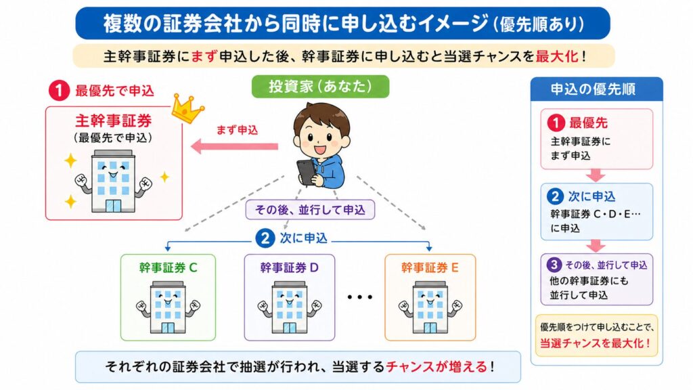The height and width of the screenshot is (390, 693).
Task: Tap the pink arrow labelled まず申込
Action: [x=234, y=146]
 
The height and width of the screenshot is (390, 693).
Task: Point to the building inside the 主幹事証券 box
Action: [x=112, y=181]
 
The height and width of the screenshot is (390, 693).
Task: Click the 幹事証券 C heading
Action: [x=168, y=267]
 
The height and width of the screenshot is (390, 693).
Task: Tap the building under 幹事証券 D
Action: [x=290, y=307]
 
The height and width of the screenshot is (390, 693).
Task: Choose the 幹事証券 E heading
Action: [x=430, y=267]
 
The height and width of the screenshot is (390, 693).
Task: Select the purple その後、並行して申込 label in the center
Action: [x=309, y=210]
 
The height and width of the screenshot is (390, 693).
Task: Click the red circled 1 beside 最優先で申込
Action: [x=60, y=90]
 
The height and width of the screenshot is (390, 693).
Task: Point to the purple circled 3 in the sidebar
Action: [x=554, y=264]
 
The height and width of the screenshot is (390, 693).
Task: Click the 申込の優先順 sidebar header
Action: [x=596, y=89]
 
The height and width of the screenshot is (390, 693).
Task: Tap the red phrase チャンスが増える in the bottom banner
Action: [x=437, y=367]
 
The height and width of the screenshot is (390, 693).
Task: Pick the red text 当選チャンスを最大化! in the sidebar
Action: [x=596, y=343]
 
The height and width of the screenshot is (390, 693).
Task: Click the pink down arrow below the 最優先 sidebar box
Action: [x=596, y=175]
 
